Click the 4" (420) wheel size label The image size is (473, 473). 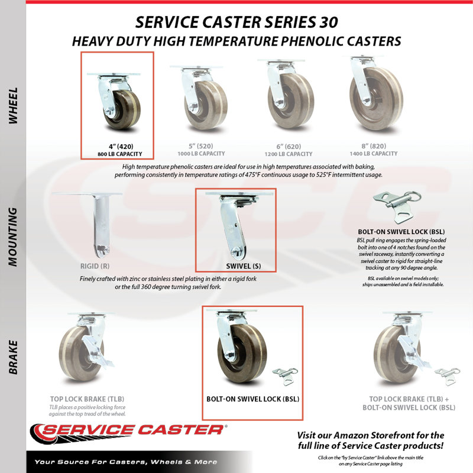pyautogui.click(x=121, y=147)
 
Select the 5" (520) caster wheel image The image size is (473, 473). pyautogui.click(x=200, y=98)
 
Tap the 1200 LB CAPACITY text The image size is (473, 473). pyautogui.click(x=289, y=154)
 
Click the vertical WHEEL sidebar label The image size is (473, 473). pyautogui.click(x=13, y=106)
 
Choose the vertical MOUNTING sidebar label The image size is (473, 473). pyautogui.click(x=13, y=237)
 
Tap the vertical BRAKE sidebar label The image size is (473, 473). pyautogui.click(x=13, y=357)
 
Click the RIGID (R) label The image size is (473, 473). pyautogui.click(x=95, y=266)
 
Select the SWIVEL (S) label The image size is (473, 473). pyautogui.click(x=244, y=266)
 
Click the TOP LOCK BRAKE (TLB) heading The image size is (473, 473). pyautogui.click(x=87, y=399)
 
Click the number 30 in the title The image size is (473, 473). pyautogui.click(x=328, y=22)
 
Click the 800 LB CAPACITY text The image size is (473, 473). pyautogui.click(x=120, y=154)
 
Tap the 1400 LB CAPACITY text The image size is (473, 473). pyautogui.click(x=374, y=154)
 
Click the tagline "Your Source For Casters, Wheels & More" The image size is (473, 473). pyautogui.click(x=126, y=462)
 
